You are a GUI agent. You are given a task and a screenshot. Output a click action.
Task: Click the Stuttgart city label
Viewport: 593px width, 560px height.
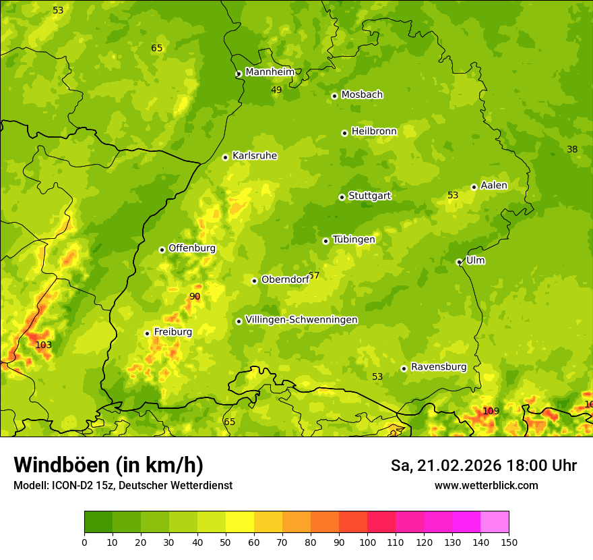coord(369,196)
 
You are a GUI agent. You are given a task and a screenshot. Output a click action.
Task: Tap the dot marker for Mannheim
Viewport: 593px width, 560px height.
coord(239,74)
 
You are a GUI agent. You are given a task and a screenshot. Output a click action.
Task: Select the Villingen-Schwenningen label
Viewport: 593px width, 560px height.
coord(301,320)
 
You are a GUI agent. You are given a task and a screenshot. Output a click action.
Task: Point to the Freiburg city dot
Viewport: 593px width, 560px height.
coord(147,333)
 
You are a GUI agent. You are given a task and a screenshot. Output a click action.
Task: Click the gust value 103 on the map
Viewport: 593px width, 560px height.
coord(44,345)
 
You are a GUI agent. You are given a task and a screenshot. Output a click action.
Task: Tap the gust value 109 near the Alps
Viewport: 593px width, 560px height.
coord(491,411)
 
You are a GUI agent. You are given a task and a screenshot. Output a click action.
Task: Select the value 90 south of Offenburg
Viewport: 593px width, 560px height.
coord(195,296)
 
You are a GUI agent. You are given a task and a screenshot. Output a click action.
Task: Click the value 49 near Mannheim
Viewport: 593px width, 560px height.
coord(276,90)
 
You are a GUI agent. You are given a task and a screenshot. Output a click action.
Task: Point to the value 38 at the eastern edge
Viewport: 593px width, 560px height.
coord(572,149)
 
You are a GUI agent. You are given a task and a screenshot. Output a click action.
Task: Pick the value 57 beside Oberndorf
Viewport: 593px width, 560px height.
coord(314,276)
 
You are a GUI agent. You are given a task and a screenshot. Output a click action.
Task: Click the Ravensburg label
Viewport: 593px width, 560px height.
coord(439,367)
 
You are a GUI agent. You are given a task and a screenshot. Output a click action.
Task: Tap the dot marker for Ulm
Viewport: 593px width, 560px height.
coord(459,262)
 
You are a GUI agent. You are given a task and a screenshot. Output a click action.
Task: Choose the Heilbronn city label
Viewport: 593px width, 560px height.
coord(374,132)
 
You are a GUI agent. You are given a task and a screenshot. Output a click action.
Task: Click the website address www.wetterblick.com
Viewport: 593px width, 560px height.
coord(486,485)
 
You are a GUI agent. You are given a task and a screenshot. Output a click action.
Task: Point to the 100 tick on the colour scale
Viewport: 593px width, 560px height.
coord(367,541)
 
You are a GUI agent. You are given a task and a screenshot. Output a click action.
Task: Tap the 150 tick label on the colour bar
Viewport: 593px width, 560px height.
coord(509,541)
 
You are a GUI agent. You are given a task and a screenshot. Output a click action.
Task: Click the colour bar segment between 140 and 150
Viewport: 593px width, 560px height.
coord(495,522)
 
